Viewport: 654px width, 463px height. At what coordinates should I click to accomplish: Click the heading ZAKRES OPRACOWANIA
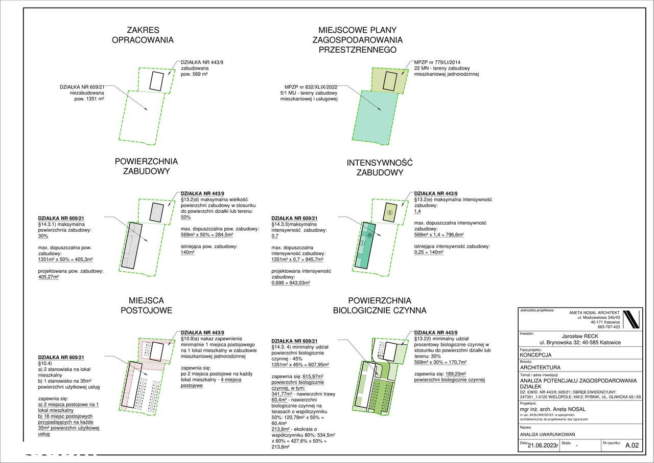pos(143,35)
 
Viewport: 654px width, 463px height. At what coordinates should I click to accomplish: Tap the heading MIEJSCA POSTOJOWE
pos(147,305)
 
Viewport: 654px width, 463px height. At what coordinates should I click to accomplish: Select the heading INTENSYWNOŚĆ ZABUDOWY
pos(379,168)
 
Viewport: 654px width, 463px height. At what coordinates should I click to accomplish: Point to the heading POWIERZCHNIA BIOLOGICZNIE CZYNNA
pos(379,305)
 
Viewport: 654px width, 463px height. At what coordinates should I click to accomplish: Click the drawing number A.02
pos(632,446)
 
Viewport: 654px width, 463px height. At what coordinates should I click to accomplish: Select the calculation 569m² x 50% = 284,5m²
pos(207,235)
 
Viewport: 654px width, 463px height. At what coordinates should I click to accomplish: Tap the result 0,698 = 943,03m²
pos(291,282)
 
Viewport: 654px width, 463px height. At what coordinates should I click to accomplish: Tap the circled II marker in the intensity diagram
pos(389,212)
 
